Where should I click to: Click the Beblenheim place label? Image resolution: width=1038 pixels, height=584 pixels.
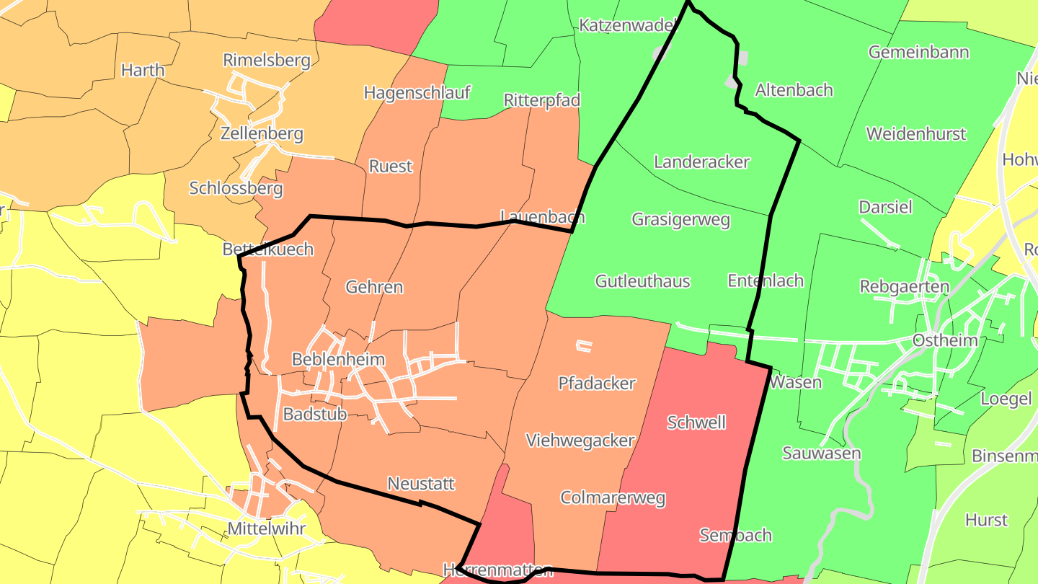pyautogui.click(x=338, y=359)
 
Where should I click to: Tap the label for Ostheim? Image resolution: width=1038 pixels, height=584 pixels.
pyautogui.click(x=945, y=340)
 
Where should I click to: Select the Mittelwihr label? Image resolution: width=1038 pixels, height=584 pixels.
pyautogui.click(x=267, y=528)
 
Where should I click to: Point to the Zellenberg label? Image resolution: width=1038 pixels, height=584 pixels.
pyautogui.click(x=262, y=133)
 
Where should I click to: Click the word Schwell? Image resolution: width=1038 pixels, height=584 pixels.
pyautogui.click(x=696, y=422)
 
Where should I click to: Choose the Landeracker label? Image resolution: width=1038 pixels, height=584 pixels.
pyautogui.click(x=701, y=162)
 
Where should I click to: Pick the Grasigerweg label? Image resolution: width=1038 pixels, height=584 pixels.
pyautogui.click(x=681, y=219)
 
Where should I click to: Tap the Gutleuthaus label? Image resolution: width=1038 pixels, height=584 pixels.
pyautogui.click(x=642, y=281)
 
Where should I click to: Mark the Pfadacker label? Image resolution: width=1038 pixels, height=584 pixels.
pyautogui.click(x=597, y=383)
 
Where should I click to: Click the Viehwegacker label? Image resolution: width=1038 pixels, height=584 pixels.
pyautogui.click(x=580, y=441)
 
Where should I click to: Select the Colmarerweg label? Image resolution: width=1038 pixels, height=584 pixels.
pyautogui.click(x=613, y=497)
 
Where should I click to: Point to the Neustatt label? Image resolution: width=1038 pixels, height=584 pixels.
pyautogui.click(x=421, y=483)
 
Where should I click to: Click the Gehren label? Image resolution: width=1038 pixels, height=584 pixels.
pyautogui.click(x=374, y=287)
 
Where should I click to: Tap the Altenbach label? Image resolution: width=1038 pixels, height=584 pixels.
pyautogui.click(x=794, y=90)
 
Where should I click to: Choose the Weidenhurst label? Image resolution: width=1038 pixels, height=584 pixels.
pyautogui.click(x=916, y=133)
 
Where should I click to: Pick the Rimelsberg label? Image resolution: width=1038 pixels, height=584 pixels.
pyautogui.click(x=267, y=60)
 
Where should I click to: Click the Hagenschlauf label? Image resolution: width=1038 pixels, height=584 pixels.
pyautogui.click(x=417, y=92)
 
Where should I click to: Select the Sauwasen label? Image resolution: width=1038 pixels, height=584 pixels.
pyautogui.click(x=822, y=453)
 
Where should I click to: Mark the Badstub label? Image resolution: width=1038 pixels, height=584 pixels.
pyautogui.click(x=315, y=414)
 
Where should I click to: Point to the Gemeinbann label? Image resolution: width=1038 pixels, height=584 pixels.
pyautogui.click(x=918, y=52)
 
